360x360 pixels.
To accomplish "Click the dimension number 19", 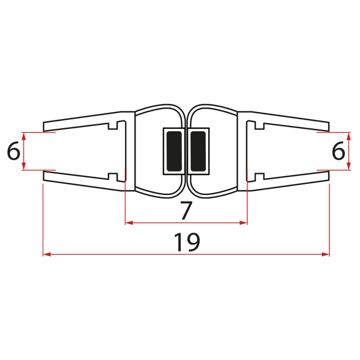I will [186, 242].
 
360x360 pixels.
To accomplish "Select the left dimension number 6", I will [13, 151].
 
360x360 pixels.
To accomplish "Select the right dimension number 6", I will [338, 151].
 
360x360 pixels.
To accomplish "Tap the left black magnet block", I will [173, 151].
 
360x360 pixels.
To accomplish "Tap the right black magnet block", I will [198, 151].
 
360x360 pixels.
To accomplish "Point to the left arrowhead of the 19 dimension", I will [46, 255].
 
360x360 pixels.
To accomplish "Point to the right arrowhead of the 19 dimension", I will [326, 255].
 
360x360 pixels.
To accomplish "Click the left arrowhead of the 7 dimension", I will [128, 223].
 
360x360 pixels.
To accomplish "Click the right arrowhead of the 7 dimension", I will [244, 223].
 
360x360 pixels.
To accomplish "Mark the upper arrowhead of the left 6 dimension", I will [24, 136].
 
